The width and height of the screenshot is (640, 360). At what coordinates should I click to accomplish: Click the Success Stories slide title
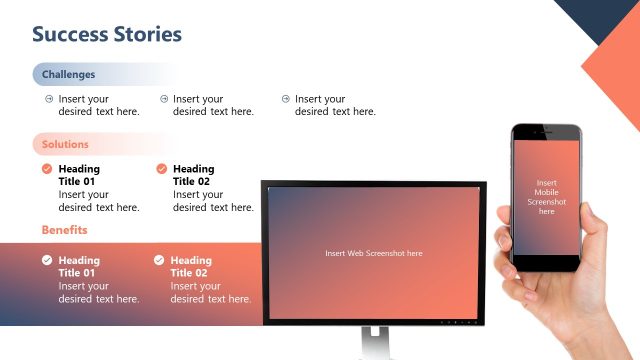tap(107, 34)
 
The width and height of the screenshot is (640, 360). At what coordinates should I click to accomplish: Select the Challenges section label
tap(68, 74)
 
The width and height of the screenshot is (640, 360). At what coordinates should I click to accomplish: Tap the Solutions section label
tap(65, 144)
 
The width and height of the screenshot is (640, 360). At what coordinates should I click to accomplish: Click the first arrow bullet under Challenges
tap(49, 99)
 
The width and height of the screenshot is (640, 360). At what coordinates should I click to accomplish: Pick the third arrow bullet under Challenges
tap(285, 99)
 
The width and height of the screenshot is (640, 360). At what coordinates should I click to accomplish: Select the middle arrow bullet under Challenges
tap(164, 99)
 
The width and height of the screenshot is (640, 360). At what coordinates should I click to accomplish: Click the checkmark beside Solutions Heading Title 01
tap(47, 169)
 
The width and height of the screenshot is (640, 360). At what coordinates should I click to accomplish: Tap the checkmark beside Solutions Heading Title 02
tap(162, 169)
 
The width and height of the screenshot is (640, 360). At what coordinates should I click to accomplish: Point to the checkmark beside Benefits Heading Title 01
tap(47, 260)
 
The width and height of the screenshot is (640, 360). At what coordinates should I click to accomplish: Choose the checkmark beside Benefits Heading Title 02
tap(159, 260)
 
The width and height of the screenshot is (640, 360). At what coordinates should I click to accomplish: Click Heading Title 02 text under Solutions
tap(193, 175)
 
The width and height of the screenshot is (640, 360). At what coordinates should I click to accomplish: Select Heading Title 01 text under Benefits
tap(79, 266)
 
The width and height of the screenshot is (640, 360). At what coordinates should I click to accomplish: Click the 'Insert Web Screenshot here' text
tap(373, 253)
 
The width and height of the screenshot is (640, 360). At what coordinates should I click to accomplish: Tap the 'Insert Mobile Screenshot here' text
tap(546, 197)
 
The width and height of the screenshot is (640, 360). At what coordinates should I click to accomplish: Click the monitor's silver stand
tap(373, 342)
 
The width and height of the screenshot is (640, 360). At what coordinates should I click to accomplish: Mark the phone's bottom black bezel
tap(546, 262)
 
